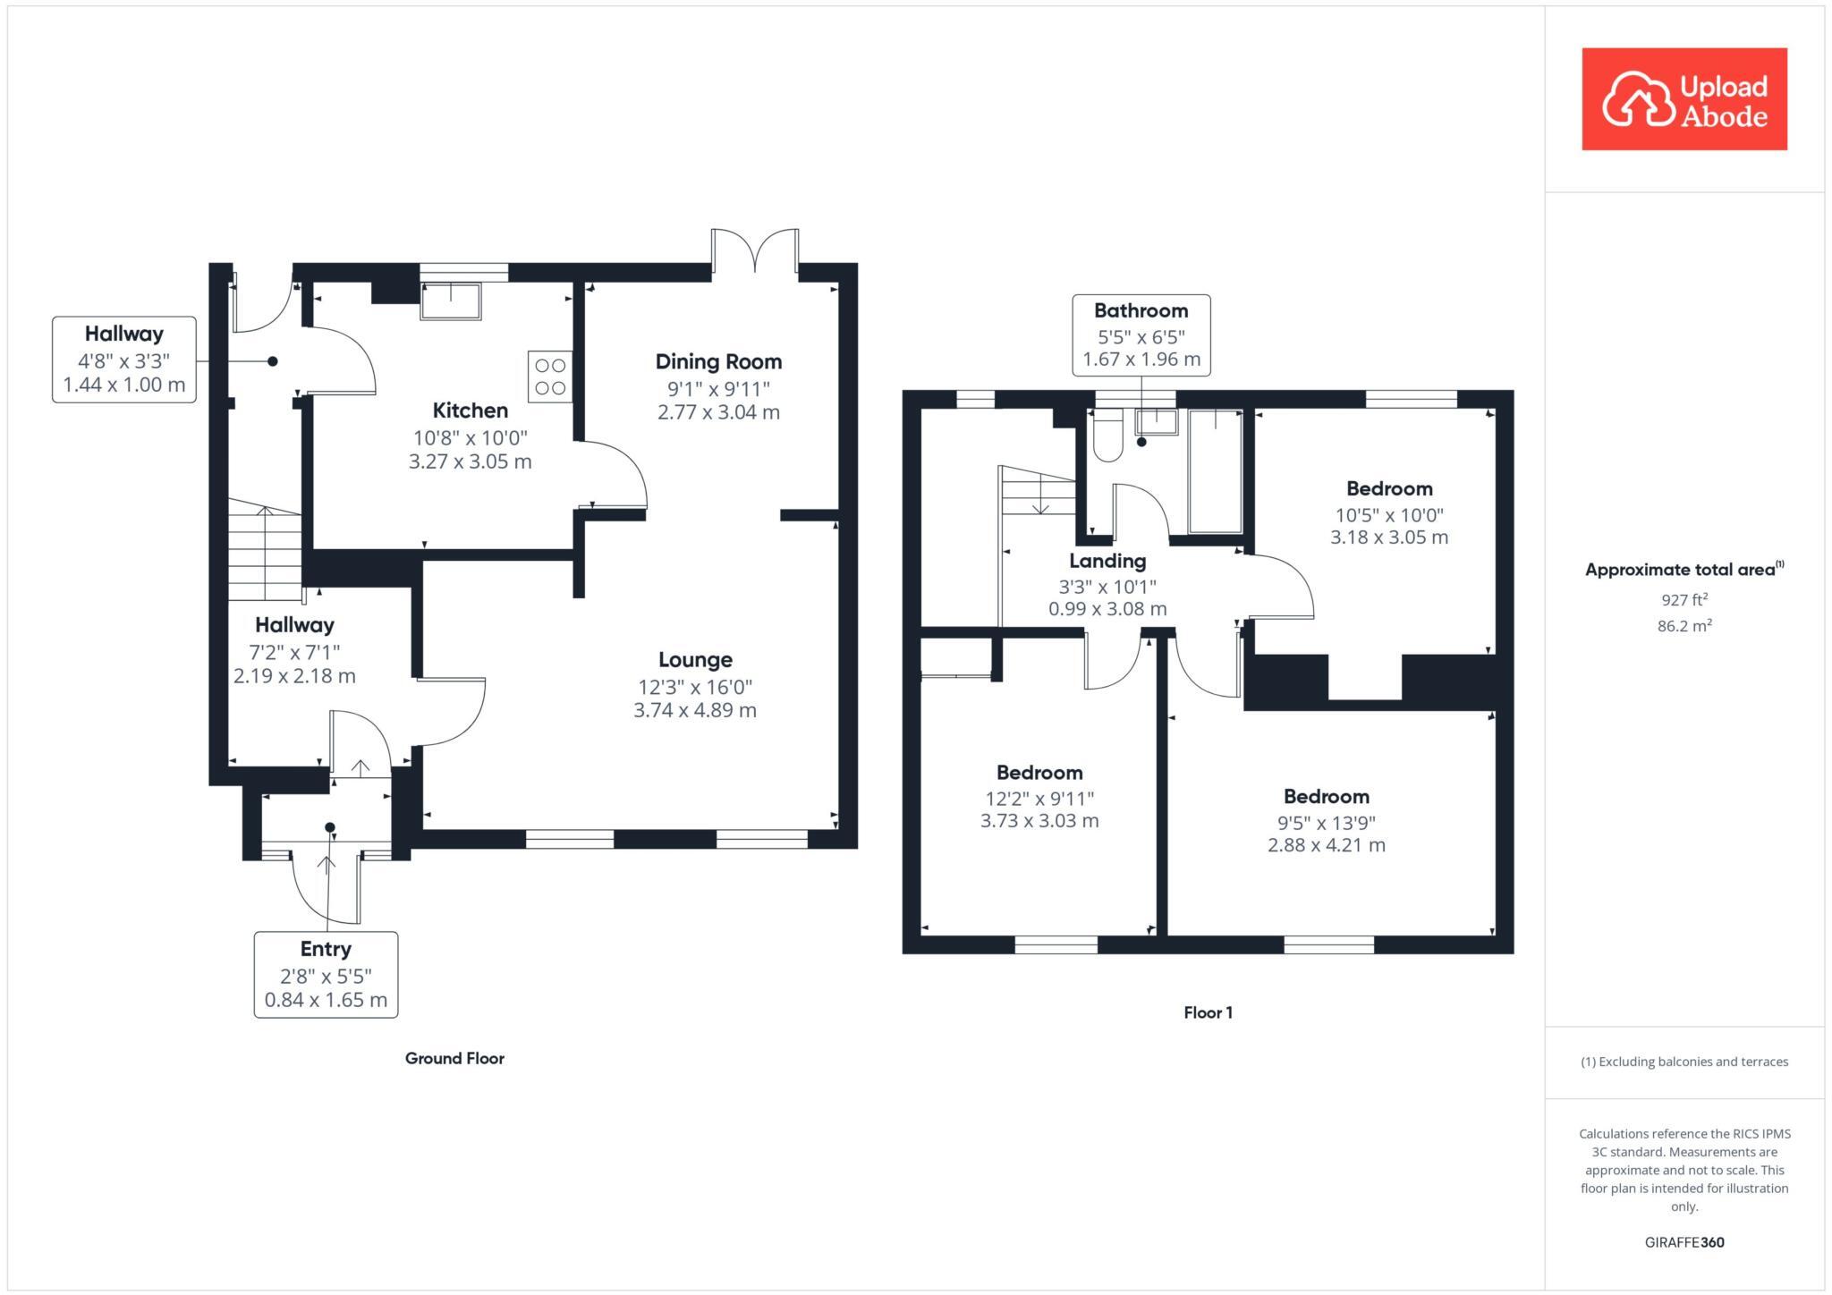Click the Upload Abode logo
1684,99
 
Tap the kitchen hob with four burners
549,377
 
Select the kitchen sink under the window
451,300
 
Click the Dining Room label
718,362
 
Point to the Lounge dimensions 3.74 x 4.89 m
694,711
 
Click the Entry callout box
326,974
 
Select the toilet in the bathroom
1107,436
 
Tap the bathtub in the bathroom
1214,471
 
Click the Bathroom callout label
1141,311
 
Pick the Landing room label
1107,562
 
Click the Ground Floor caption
454,1059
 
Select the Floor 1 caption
1208,1013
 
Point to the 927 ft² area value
1684,600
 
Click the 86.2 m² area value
1684,626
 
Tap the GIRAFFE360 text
1684,1242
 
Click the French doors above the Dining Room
755,250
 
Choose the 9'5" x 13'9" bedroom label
1326,797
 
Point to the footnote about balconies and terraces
1684,1062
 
